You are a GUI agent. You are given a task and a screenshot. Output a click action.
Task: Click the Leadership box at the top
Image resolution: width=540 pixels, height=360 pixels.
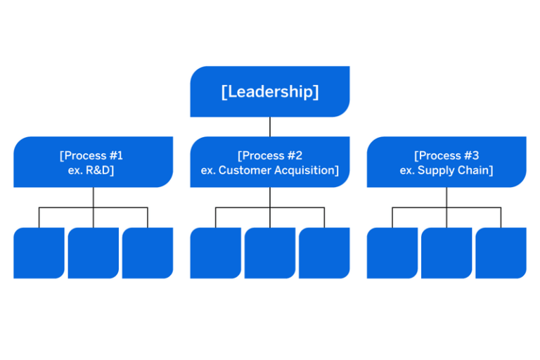point(270,91)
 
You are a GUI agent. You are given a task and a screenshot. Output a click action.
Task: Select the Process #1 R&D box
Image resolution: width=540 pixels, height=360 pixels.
point(93,162)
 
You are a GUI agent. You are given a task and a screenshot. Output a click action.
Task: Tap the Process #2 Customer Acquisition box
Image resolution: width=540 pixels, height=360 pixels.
point(270,162)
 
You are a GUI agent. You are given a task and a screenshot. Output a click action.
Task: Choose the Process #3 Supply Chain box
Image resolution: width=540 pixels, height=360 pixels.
point(446,162)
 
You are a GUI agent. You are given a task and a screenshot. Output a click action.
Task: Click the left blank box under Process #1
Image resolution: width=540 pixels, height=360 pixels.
point(39,252)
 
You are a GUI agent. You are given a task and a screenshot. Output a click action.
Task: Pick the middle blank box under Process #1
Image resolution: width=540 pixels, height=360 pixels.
point(93,252)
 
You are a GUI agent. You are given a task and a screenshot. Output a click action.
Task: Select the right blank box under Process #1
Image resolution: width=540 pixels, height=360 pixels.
point(148,252)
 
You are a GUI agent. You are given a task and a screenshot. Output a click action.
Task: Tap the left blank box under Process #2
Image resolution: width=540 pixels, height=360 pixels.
point(215,252)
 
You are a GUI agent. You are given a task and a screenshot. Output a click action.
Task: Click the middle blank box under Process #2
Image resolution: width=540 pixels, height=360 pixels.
point(270,252)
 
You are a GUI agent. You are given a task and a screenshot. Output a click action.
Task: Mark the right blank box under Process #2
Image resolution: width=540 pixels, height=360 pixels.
point(324,252)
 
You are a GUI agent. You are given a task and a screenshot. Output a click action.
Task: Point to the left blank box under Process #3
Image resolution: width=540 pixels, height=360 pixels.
point(392,252)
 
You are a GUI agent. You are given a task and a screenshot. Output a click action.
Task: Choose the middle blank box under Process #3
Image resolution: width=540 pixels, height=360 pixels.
point(446,252)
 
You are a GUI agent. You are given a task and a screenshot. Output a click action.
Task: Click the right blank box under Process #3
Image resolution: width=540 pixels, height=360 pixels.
point(501,252)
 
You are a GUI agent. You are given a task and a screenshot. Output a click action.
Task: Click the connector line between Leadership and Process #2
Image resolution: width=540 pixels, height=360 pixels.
point(270,127)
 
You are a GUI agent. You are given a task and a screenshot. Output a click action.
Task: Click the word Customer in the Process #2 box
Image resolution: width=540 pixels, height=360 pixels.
point(242,171)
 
